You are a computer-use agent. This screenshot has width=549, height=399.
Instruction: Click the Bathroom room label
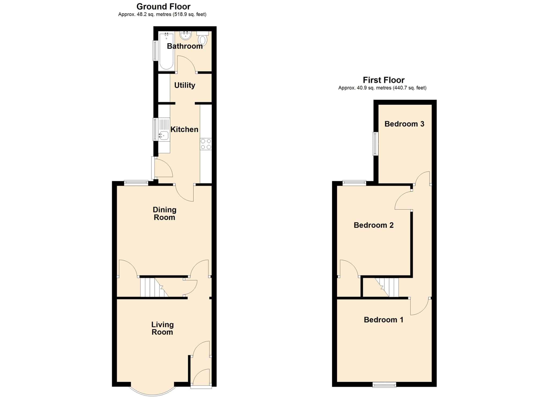coord(185,46)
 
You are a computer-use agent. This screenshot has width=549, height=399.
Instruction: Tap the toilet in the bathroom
coord(203,38)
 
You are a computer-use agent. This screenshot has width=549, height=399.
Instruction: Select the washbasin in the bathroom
coord(185,35)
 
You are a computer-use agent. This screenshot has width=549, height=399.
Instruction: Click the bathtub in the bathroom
coord(166,51)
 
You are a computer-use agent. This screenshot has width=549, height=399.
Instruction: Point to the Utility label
coord(185,85)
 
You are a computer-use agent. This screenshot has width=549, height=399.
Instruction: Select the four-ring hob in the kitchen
coord(206,144)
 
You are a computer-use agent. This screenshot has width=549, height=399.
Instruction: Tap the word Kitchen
coord(184,129)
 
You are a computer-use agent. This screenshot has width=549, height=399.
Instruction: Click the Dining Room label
coord(165,214)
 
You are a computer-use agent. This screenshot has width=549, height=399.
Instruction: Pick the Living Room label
coord(162,328)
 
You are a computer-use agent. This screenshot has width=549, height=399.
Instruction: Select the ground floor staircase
coord(154,288)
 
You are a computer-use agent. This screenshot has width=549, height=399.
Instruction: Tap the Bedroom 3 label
coord(404,124)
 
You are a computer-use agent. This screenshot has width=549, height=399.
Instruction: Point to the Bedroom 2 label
coord(374,225)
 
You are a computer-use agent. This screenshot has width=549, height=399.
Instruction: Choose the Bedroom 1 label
coord(384,320)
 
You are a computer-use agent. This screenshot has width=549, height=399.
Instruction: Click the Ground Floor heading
coord(164,6)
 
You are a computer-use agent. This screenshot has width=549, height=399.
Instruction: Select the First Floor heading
coord(384,80)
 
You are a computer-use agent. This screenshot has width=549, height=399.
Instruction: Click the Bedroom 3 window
coord(376,144)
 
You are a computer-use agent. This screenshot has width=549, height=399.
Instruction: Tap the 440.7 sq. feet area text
coord(410,88)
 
